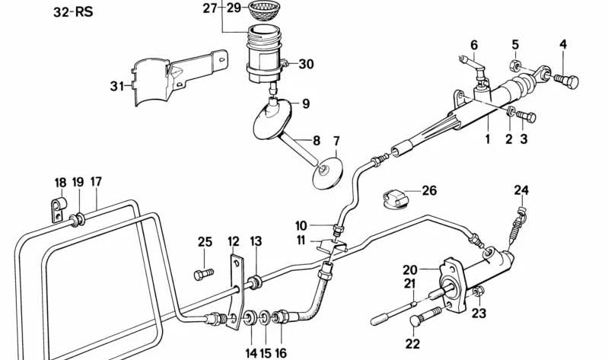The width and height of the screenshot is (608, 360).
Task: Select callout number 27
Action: tap(210, 8)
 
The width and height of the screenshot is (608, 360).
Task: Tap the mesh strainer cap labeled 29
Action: tap(264, 11)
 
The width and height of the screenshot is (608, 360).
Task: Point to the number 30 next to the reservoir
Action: tap(306, 64)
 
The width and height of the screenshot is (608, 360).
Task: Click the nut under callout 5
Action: tap(515, 60)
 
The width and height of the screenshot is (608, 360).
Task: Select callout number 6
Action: tap(473, 45)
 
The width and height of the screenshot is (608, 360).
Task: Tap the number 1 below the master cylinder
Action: tap(488, 140)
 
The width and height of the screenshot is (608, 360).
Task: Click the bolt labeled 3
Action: tap(526, 116)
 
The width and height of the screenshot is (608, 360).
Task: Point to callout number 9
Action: tap(305, 104)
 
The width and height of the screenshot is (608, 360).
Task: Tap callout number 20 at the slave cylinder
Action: tap(410, 269)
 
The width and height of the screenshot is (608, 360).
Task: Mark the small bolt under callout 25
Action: tap(201, 273)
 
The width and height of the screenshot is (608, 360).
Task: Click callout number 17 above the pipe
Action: tap(96, 182)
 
